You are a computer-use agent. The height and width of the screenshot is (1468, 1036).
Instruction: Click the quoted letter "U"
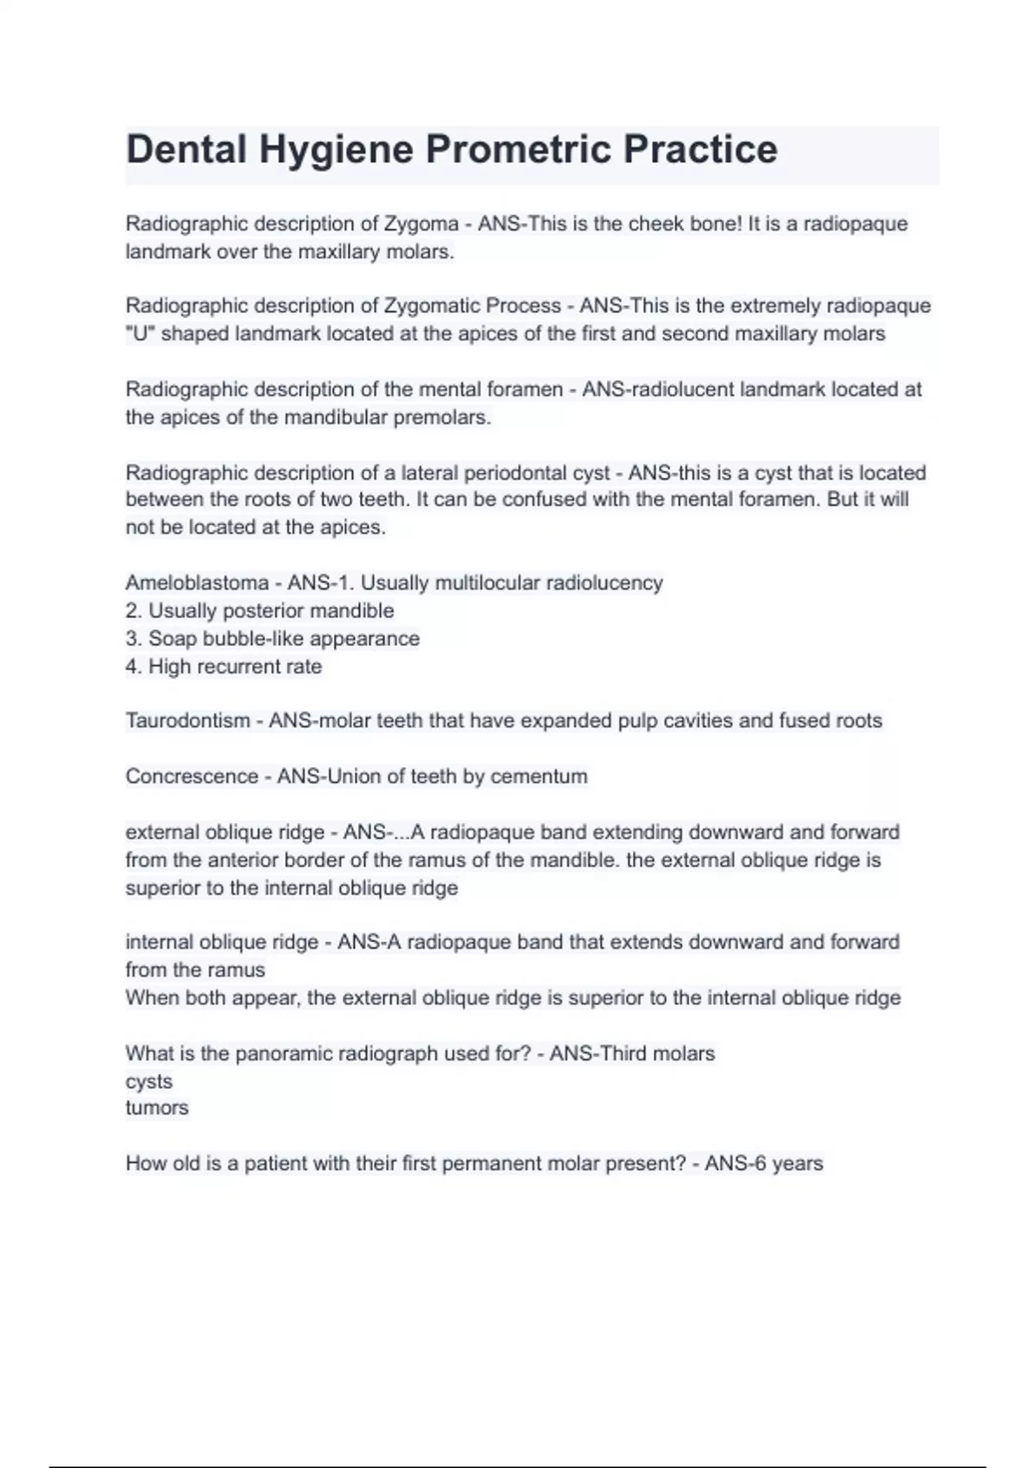[x=140, y=333]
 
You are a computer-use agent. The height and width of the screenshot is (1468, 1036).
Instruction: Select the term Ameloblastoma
[x=197, y=583]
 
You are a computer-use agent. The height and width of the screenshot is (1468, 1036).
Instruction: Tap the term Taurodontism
[x=187, y=721]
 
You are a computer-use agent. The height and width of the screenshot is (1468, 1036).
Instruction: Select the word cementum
[x=539, y=776]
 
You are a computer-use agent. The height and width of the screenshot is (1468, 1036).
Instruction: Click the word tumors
[x=156, y=1108]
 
